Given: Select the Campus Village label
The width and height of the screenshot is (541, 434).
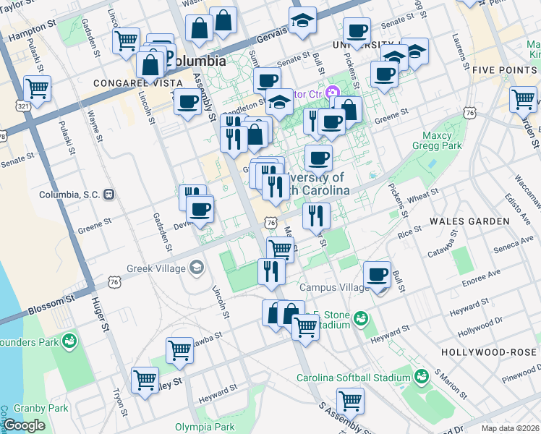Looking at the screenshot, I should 335,287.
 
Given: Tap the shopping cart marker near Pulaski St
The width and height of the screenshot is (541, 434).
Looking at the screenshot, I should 36,90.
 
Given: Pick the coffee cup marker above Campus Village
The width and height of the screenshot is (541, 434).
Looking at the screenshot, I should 377,275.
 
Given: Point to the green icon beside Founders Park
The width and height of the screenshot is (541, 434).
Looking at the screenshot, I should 70,341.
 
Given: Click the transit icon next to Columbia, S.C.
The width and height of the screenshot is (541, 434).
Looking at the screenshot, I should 109,194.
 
